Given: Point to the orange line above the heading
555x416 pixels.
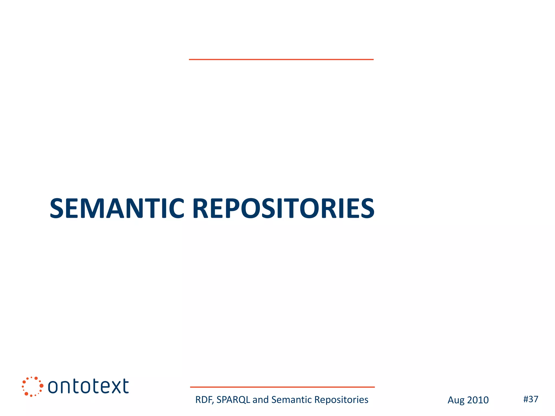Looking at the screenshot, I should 281,59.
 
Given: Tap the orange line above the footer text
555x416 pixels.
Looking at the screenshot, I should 282,387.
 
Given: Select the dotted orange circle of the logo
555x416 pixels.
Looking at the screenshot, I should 32,386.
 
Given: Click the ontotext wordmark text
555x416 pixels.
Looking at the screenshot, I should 88,386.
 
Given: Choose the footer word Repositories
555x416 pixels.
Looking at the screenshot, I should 341,400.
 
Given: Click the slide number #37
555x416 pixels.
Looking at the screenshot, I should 531,399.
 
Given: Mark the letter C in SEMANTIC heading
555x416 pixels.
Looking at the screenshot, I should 175,208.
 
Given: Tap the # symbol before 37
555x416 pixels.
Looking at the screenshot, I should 526,399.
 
